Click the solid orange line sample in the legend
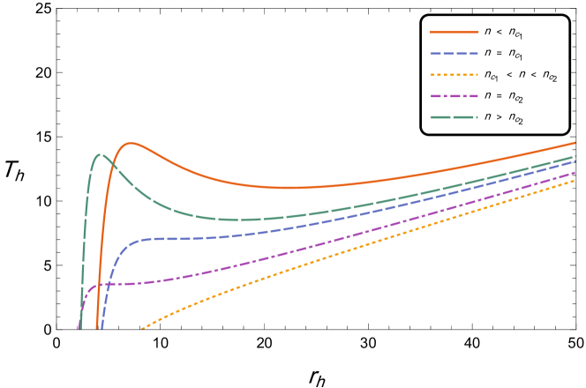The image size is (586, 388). click(454, 32)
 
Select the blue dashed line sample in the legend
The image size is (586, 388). click(454, 54)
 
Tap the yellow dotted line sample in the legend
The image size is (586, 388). click(454, 75)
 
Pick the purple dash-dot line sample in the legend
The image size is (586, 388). click(454, 96)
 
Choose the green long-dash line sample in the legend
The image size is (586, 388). click(454, 117)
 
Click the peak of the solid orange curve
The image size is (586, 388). click(131, 143)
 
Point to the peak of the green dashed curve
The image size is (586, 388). click(99, 155)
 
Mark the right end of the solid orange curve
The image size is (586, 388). click(575, 142)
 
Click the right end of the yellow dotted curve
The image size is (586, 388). click(575, 179)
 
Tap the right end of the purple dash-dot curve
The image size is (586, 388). click(575, 172)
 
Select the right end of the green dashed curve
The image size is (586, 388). click(575, 156)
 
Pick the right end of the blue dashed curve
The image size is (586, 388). click(575, 161)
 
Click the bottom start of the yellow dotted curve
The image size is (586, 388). click(141, 329)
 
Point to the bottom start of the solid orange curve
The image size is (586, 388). click(96, 329)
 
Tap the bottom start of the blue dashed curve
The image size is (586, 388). click(101, 329)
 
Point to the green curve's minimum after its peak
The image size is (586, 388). click(238, 220)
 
